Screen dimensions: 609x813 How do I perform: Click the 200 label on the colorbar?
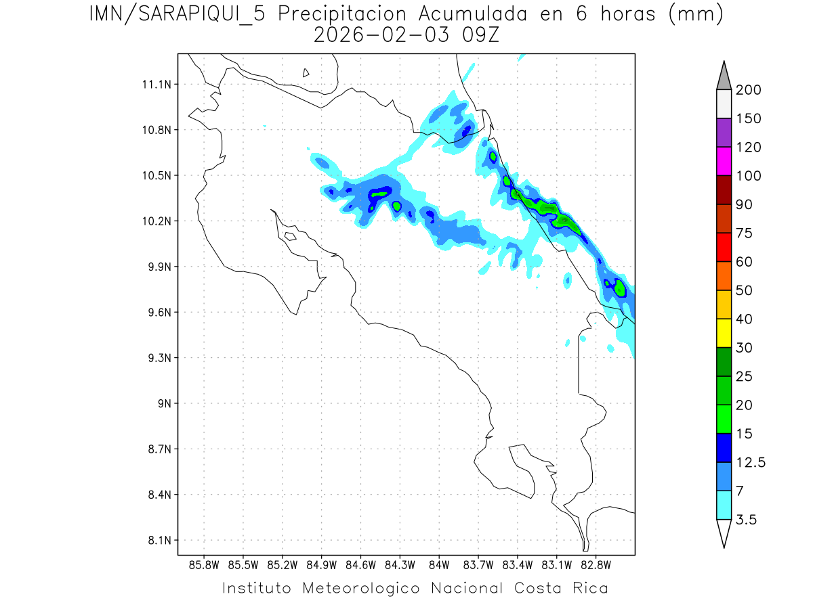748,90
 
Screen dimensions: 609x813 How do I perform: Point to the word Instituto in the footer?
257,587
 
